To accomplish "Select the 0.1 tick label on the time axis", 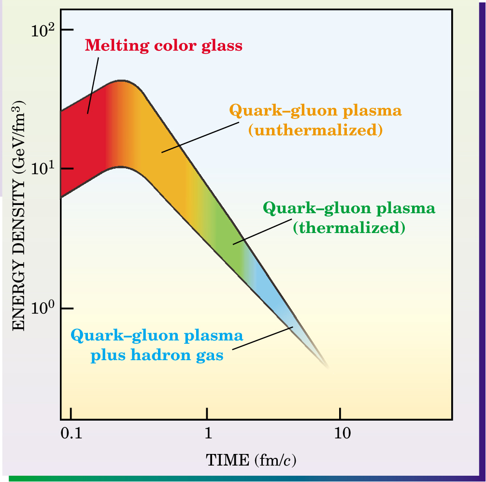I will click(71, 433).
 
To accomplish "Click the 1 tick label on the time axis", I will click(208, 433).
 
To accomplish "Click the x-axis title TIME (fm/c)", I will click(251, 459).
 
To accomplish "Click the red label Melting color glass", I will click(163, 46).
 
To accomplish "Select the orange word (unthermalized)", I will click(315, 130).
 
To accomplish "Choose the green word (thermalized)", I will click(348, 227).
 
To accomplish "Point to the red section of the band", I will click(82, 145).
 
